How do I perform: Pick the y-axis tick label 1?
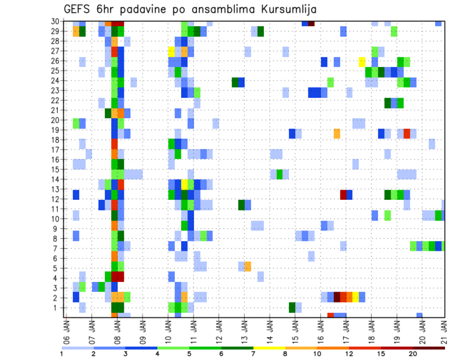click(58, 308)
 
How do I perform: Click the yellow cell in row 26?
click(362, 62)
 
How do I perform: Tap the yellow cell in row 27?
click(171, 51)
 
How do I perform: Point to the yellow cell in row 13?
click(184, 184)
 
